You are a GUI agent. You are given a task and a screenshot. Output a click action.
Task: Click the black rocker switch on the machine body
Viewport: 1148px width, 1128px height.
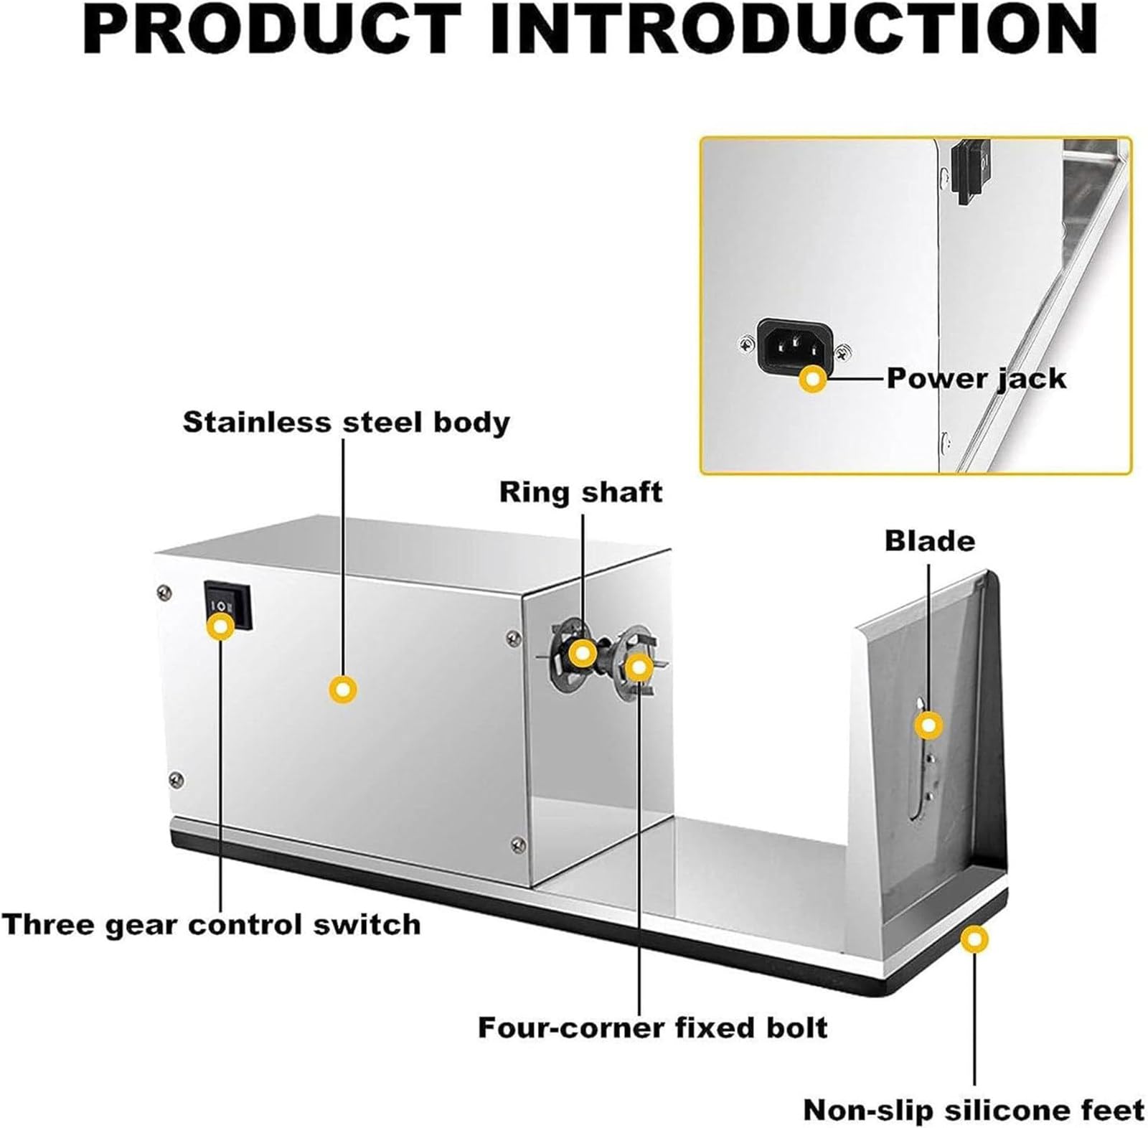point(227,606)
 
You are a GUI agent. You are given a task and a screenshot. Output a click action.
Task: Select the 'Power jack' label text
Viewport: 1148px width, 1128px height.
point(977,378)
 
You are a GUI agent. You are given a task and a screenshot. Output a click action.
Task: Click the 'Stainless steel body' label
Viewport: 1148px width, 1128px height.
point(346,422)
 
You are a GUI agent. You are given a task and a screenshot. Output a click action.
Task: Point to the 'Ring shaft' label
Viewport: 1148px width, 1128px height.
point(580,492)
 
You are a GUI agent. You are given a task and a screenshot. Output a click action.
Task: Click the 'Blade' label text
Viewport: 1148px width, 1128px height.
point(930,540)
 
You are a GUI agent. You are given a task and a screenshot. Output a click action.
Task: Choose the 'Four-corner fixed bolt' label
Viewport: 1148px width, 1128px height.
point(652,1028)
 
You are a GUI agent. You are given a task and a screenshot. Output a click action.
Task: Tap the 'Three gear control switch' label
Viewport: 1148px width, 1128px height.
point(211,923)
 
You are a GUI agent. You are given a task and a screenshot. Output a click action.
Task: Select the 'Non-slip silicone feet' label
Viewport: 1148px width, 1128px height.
point(974,1109)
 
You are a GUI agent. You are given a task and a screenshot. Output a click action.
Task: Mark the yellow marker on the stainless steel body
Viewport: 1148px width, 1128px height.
point(343,690)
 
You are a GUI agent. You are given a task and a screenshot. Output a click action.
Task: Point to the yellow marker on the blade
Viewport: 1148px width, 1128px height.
point(929,725)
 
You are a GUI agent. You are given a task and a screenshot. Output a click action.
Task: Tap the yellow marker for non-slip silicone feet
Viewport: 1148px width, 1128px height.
point(974,939)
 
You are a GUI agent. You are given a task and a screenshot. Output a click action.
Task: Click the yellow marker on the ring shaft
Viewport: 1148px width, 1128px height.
point(582,653)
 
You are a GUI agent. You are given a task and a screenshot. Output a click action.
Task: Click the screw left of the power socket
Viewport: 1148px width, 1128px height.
point(747,346)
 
